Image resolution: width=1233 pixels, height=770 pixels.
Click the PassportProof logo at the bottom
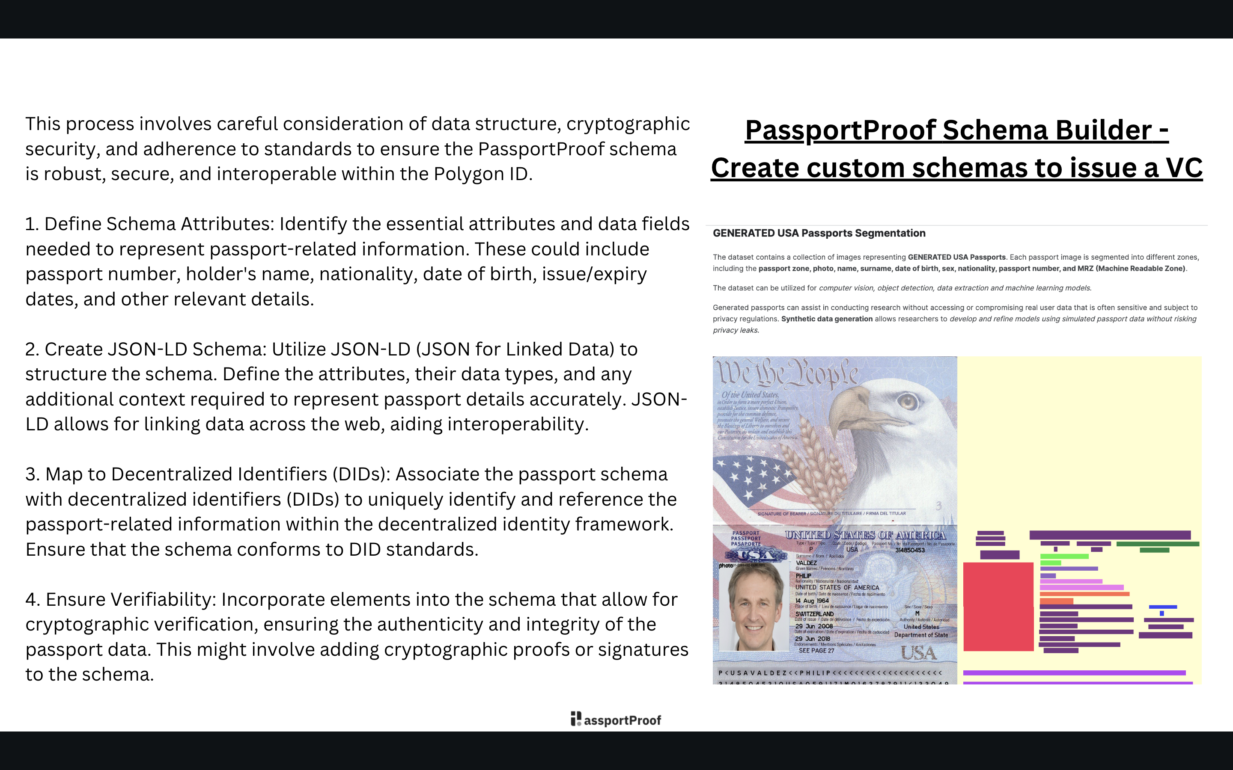[616, 719]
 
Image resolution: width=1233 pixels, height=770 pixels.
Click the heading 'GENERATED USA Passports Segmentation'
[819, 233]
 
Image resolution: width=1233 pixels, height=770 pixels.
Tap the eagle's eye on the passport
[907, 401]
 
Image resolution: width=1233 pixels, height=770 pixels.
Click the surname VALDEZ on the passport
[806, 563]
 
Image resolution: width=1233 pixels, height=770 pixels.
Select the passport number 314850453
[909, 550]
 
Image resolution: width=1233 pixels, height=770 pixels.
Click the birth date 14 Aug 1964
[812, 601]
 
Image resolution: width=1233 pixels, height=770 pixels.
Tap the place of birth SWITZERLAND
[814, 614]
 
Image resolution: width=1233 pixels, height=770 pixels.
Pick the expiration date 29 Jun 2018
[813, 639]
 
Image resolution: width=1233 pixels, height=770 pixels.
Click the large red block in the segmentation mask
[998, 606]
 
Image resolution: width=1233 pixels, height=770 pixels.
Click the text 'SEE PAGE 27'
[816, 650]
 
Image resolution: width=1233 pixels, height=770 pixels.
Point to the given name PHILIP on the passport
[804, 575]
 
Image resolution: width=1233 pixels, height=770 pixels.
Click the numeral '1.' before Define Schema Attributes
[32, 224]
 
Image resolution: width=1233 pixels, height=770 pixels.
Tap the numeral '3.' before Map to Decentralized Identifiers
[32, 474]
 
